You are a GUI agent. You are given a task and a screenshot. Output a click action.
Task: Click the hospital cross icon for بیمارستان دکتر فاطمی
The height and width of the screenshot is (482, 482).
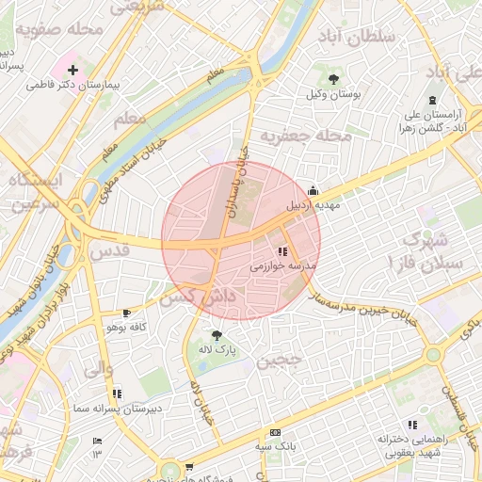point(72,70)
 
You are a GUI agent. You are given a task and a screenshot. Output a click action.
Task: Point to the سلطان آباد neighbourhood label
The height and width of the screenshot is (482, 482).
point(361,39)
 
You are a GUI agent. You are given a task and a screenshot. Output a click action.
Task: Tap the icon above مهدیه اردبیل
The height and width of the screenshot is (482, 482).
point(313,188)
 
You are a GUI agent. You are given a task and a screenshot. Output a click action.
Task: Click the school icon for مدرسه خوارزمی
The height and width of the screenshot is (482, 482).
point(282,251)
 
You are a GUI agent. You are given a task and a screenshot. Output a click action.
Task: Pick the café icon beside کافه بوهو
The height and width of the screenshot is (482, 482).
point(127,312)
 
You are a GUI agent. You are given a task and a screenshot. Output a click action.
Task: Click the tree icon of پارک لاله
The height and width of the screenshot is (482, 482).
point(217,334)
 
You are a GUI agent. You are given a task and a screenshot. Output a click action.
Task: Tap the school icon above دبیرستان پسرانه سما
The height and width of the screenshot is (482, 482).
point(116,394)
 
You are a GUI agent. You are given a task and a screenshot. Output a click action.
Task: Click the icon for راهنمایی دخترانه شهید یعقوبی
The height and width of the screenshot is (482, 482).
point(410,425)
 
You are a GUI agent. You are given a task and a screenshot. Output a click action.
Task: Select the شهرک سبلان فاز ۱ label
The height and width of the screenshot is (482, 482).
point(429,249)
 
